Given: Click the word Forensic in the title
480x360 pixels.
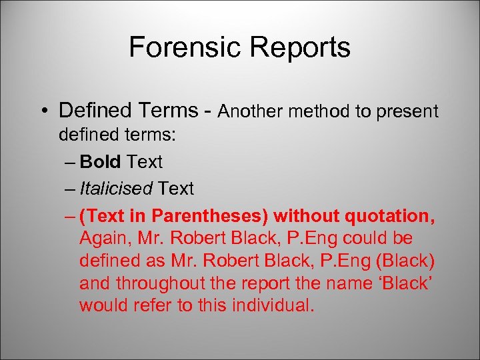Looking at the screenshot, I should pyautogui.click(x=185, y=47).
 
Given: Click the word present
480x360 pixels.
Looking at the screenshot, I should pyautogui.click(x=407, y=112).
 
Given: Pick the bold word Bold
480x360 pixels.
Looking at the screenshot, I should pyautogui.click(x=100, y=162).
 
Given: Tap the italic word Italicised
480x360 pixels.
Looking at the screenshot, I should pyautogui.click(x=116, y=189).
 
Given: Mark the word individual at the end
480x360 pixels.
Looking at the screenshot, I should pyautogui.click(x=273, y=305).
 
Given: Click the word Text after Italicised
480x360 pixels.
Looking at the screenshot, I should pyautogui.click(x=175, y=189).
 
